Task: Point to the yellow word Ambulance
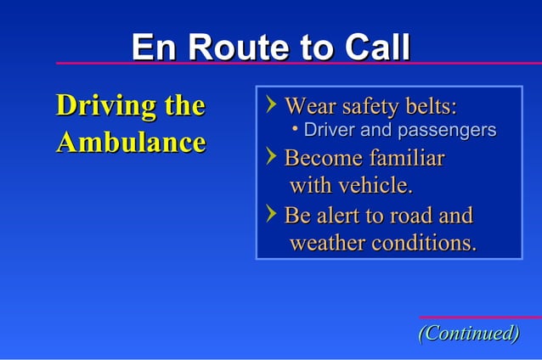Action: coord(130,142)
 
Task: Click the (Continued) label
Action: coord(468,333)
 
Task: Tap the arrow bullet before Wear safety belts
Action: coord(271,105)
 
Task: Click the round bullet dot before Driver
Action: coord(294,130)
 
